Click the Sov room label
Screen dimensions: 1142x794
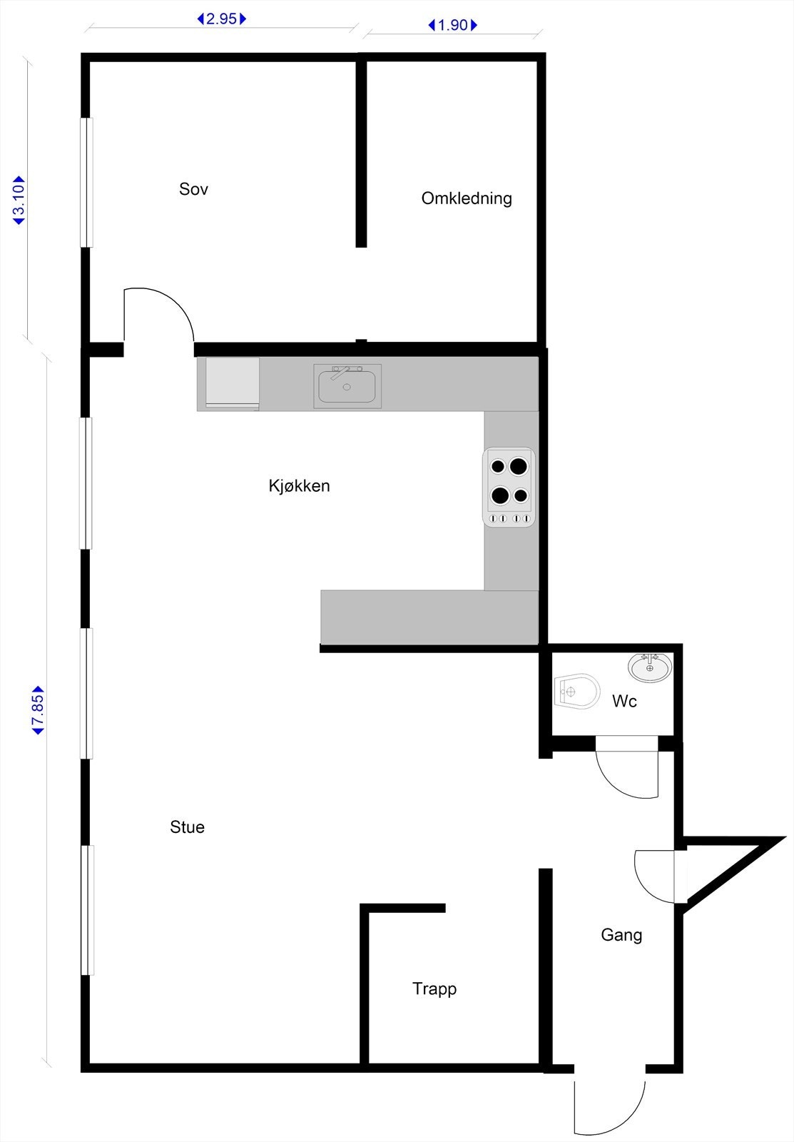193,189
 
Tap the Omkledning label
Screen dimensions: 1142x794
467,198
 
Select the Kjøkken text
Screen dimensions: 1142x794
299,486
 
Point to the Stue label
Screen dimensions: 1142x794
187,827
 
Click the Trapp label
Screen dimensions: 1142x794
434,989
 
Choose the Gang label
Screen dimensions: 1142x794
621,935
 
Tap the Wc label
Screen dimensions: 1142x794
624,702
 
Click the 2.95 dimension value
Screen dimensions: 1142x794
221,19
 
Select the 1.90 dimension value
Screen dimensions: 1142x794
452,26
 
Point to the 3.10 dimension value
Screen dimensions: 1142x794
19,201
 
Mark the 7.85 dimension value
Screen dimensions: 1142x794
39,710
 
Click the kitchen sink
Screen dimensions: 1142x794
347,386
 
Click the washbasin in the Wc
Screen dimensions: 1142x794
649,667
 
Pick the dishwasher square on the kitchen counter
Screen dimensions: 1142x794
233,383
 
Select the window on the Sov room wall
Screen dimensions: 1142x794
86,182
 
